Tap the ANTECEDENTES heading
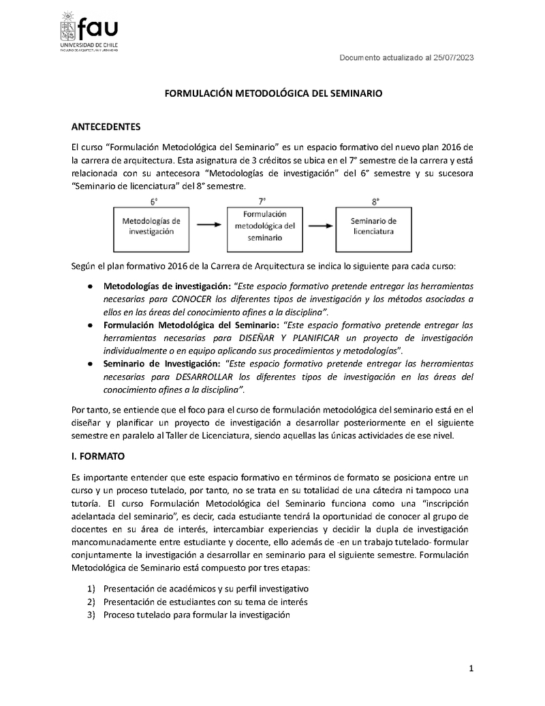[106, 128]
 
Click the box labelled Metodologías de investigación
[151, 226]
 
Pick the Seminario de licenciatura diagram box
[373, 226]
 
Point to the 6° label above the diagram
[153, 201]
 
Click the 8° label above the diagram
[375, 201]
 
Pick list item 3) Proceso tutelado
[197, 615]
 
